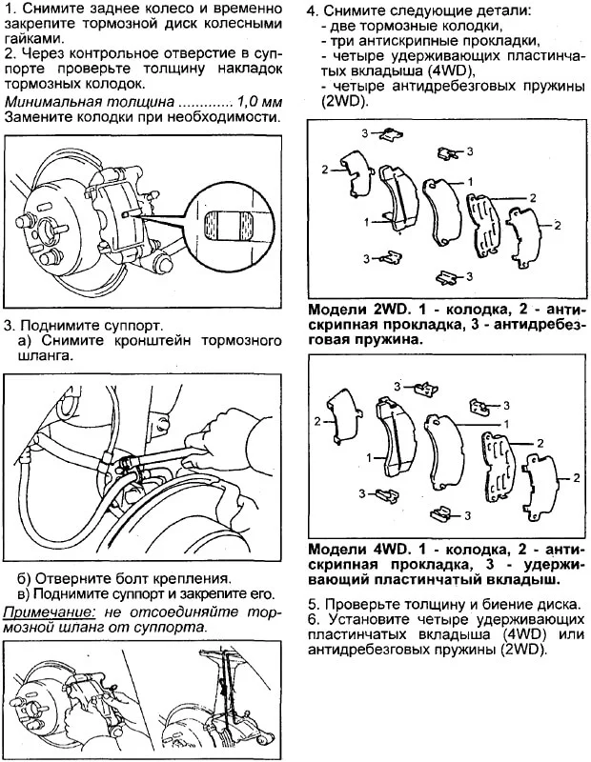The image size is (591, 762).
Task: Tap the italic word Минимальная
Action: pyautogui.click(x=50, y=101)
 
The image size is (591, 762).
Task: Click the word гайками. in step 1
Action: pyautogui.click(x=29, y=39)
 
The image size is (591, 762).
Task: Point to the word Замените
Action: pyautogui.click(x=36, y=117)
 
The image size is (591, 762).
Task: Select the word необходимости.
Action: pyautogui.click(x=229, y=117)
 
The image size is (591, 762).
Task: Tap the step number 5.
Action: pyautogui.click(x=313, y=604)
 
